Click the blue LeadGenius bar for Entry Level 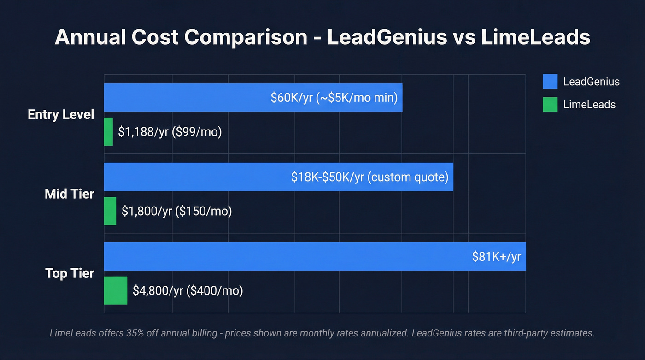(x=184, y=98)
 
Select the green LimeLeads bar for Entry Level (x=108, y=132)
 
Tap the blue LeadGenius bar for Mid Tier (x=193, y=177)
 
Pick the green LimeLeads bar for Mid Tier (x=110, y=211)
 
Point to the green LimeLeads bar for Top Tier (x=115, y=290)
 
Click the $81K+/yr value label (x=496, y=257)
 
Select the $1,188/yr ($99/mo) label (x=170, y=132)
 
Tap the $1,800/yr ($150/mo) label (x=176, y=211)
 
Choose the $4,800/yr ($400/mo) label (x=188, y=290)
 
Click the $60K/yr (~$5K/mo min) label (x=334, y=98)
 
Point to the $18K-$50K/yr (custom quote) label (x=369, y=177)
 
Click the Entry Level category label (x=61, y=114)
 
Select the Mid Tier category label (x=70, y=194)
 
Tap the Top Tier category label (x=70, y=273)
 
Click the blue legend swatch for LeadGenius (x=550, y=82)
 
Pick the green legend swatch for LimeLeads (x=550, y=104)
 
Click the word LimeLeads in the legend (x=589, y=104)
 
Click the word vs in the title (x=463, y=37)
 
